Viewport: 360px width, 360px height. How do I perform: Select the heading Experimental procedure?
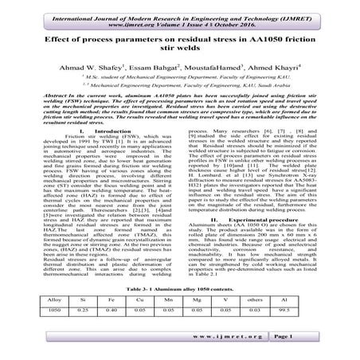pos(270,241)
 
